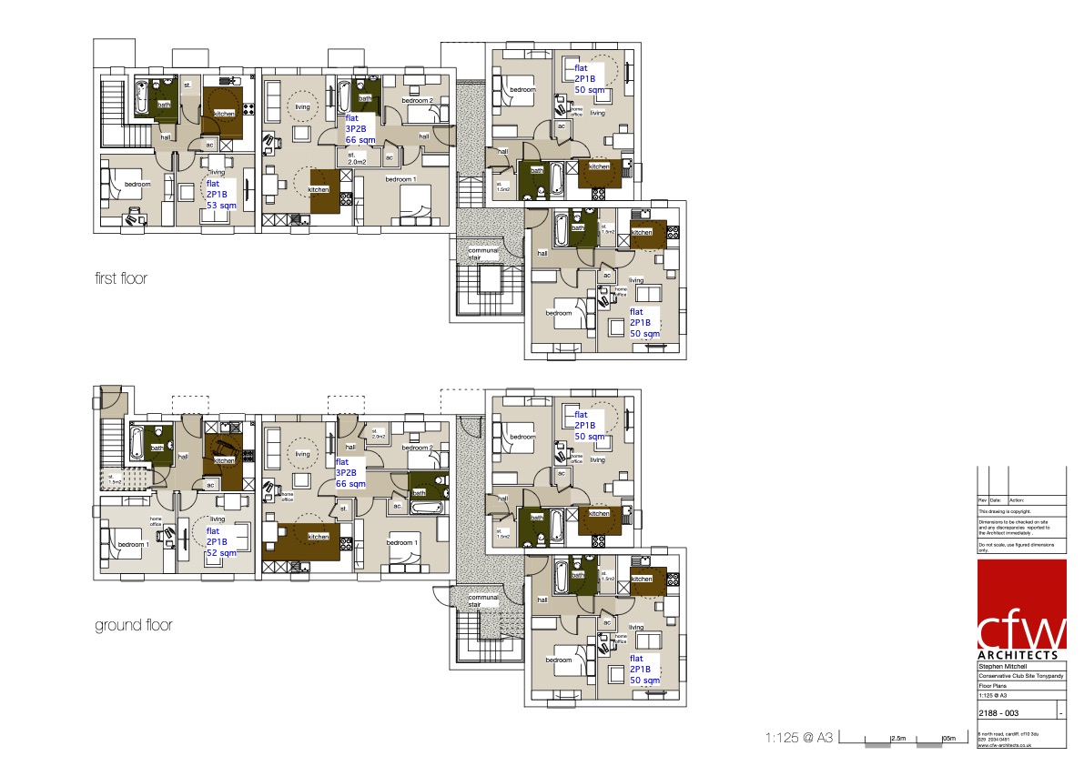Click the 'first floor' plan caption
(x=121, y=278)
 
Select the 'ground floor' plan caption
(x=133, y=626)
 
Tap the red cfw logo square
(x=1021, y=605)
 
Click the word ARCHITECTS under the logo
(x=1018, y=655)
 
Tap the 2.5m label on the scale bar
(x=897, y=738)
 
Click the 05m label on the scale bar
(x=948, y=738)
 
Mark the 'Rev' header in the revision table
(x=982, y=499)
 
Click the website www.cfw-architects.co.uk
(x=1004, y=744)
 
